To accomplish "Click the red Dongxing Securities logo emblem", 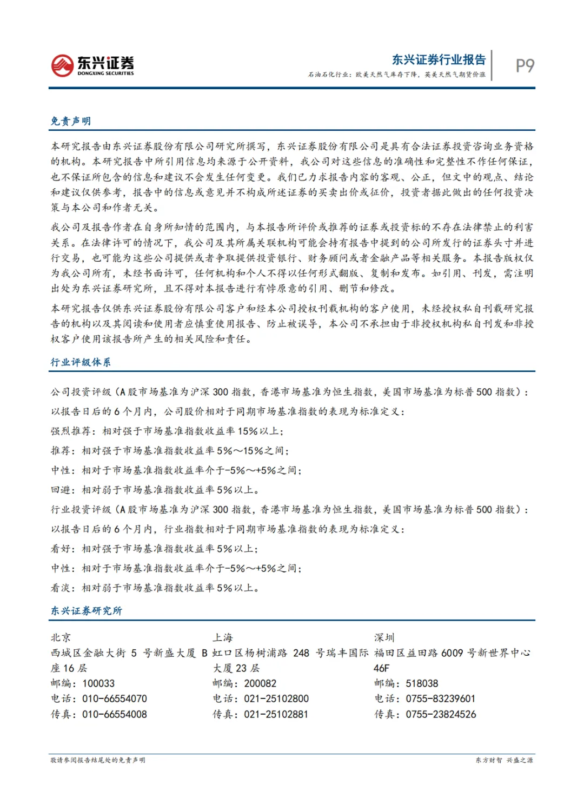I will [62, 65].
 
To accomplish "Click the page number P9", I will [525, 65].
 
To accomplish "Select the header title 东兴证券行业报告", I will [439, 59].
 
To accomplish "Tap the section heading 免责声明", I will [71, 121].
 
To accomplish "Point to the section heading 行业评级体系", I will [81, 362].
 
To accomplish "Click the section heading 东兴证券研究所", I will [87, 611].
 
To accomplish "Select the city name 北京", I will [61, 638].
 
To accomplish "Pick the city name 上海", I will [222, 638].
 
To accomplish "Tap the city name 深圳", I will [384, 638].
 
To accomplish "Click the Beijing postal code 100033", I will [98, 683].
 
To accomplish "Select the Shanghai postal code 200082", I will [260, 683].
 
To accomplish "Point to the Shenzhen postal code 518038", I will [422, 683].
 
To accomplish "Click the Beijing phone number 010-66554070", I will [115, 699].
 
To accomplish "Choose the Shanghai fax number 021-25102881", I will [276, 714].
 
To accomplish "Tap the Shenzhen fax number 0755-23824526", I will [441, 714].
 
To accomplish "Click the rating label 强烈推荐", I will [71, 431].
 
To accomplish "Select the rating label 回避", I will [61, 490].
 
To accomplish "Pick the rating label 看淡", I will [61, 588].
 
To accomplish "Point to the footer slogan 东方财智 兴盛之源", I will [504, 760].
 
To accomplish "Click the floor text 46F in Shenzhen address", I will [382, 668].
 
